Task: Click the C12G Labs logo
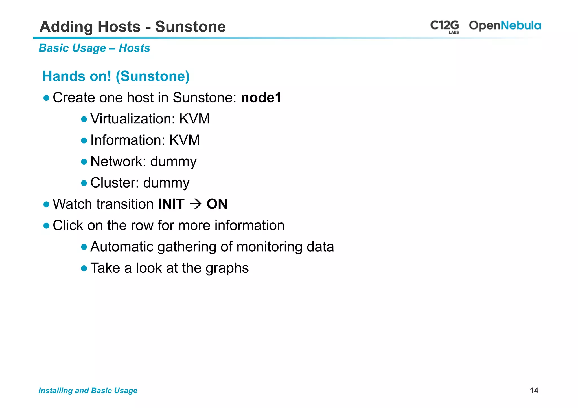click(445, 26)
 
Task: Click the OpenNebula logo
click(505, 26)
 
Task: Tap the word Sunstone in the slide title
click(190, 27)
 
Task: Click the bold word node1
click(261, 98)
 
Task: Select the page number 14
click(534, 391)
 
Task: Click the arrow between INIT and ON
click(195, 204)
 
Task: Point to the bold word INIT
click(171, 204)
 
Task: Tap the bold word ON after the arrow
click(217, 204)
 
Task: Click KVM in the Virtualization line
click(194, 119)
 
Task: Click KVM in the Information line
click(184, 140)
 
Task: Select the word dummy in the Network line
click(173, 162)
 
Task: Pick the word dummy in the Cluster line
click(166, 183)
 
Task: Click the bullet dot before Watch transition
click(47, 204)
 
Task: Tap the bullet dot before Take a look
click(84, 268)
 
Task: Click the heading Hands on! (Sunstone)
click(116, 76)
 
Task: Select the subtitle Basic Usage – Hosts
click(94, 48)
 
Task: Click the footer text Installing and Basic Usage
click(88, 391)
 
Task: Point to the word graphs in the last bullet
click(227, 268)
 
